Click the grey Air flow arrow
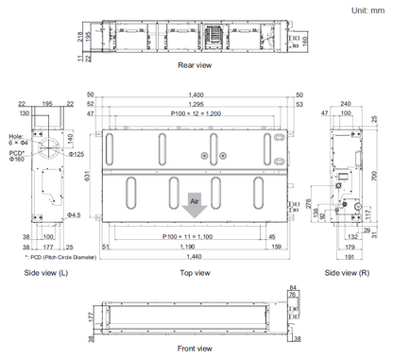pyautogui.click(x=194, y=202)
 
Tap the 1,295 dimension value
pyautogui.click(x=195, y=104)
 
